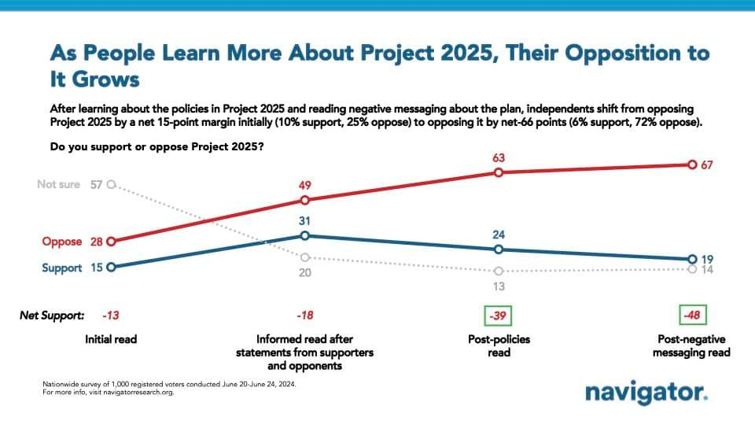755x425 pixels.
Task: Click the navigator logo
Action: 646,392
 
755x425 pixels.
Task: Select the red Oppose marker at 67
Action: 691,164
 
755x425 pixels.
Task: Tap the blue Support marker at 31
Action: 306,235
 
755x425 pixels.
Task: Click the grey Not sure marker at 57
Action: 111,184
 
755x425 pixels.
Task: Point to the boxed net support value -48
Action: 692,316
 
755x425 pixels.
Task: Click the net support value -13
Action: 110,316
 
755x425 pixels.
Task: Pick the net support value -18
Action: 305,316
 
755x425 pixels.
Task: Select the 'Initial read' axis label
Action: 110,339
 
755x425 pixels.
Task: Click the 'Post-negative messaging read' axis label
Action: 692,346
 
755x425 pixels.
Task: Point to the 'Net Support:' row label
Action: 52,316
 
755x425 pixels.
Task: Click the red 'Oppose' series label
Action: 62,242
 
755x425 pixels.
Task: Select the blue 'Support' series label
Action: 62,268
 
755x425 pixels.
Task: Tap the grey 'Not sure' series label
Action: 59,184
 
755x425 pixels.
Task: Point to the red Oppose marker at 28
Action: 111,242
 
